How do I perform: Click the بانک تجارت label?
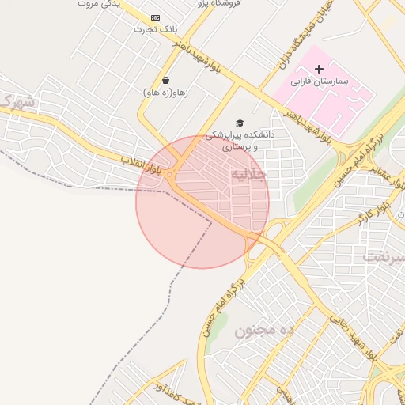pyautogui.click(x=156, y=29)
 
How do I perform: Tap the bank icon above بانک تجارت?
pyautogui.click(x=154, y=17)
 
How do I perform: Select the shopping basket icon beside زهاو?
pyautogui.click(x=165, y=80)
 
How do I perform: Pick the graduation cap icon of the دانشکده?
pyautogui.click(x=240, y=123)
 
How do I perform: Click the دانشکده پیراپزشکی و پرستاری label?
pyautogui.click(x=240, y=140)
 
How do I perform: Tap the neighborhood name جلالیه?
pyautogui.click(x=248, y=174)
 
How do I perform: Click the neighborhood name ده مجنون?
pyautogui.click(x=264, y=330)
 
